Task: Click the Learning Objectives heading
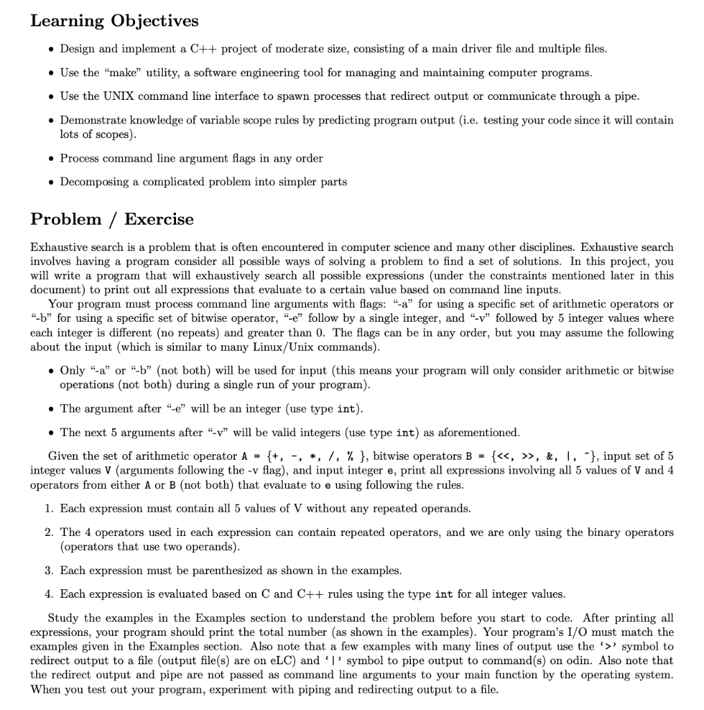point(114,21)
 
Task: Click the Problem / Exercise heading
point(112,219)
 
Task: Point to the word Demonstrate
point(93,120)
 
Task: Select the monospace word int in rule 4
point(443,594)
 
